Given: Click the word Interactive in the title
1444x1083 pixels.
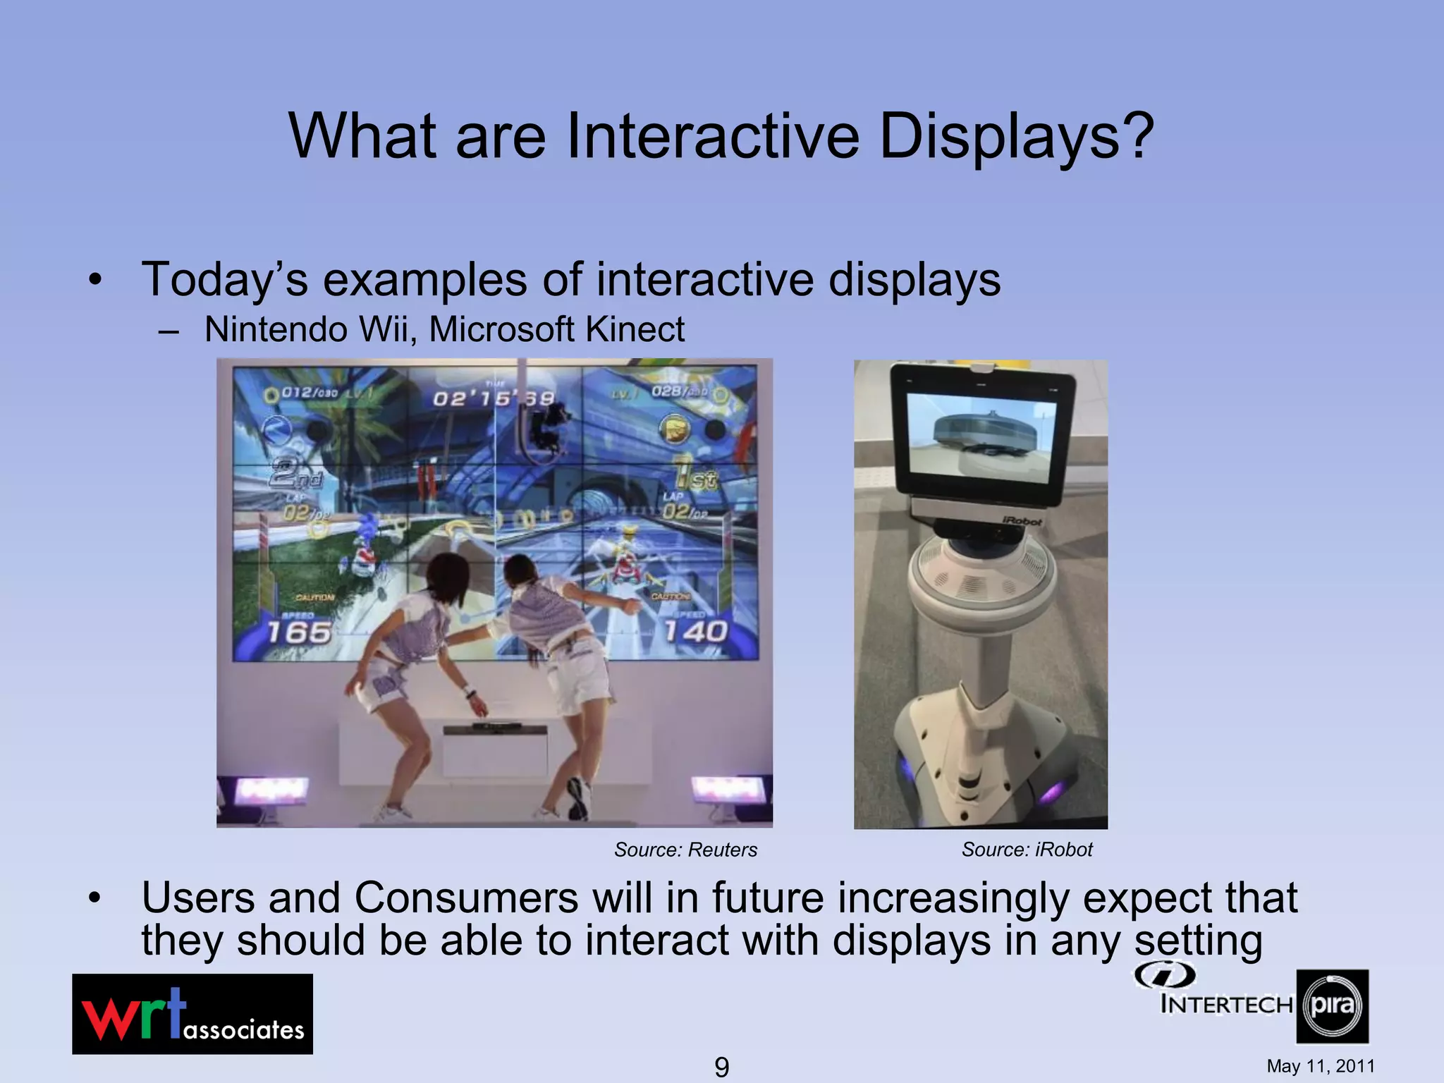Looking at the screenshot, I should (712, 135).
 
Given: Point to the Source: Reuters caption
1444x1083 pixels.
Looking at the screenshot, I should (685, 850).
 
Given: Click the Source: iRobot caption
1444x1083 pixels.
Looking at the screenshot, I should (1027, 850).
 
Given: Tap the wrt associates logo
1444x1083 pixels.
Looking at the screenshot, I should (192, 1014).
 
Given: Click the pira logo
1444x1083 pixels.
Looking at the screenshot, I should (1332, 1005).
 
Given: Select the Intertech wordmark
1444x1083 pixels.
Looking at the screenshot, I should (1227, 1003).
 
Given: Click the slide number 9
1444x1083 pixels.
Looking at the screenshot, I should (721, 1067).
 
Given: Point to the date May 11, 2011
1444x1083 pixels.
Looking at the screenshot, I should (1320, 1066).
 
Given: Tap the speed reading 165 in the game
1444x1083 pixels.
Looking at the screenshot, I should (299, 632).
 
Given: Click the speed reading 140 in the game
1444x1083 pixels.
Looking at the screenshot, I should (695, 631).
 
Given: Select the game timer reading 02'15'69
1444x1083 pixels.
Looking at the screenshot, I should (494, 398).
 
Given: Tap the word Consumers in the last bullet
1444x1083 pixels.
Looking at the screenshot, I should (467, 898).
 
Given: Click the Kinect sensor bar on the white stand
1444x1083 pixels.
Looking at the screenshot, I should (497, 726).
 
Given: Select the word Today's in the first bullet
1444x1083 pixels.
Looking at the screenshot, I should (225, 279).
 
